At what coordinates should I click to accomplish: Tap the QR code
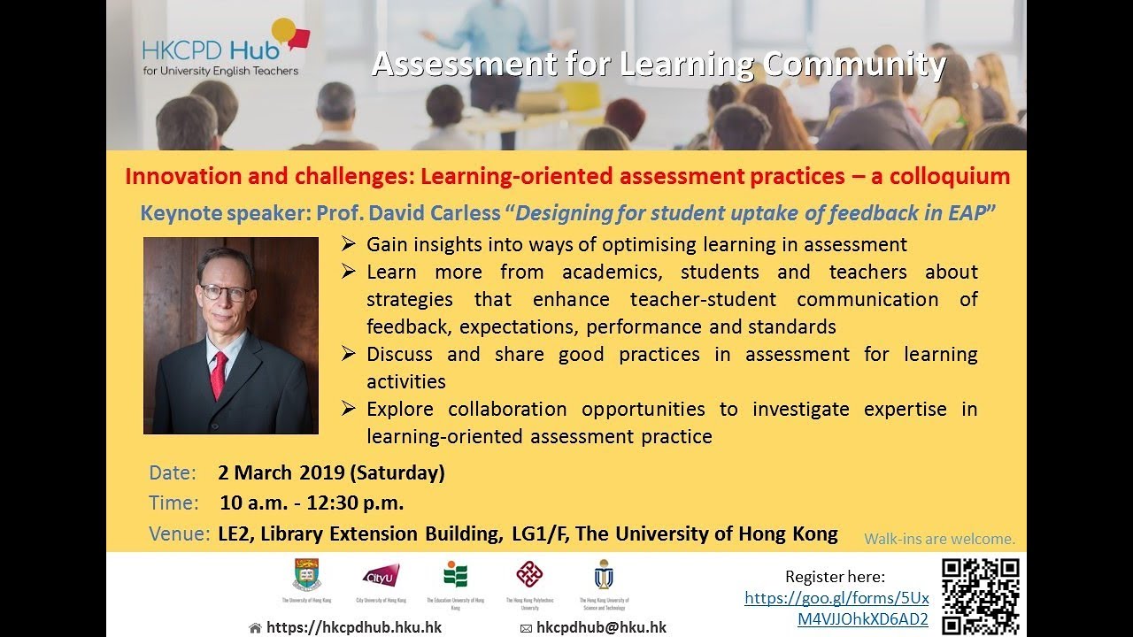click(980, 595)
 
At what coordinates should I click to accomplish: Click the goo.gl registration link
click(836, 609)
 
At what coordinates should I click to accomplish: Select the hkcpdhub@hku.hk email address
click(601, 627)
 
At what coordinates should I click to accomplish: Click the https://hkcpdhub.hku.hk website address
click(353, 627)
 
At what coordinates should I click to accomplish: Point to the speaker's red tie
click(218, 374)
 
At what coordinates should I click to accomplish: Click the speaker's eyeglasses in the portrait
click(225, 291)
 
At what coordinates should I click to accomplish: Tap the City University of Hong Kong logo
click(382, 575)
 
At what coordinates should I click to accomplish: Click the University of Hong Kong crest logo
click(307, 575)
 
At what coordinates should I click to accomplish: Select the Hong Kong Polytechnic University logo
click(529, 575)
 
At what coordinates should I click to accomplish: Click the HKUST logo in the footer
click(604, 575)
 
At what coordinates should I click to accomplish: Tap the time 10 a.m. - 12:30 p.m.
click(312, 503)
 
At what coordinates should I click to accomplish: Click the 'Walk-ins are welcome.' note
click(939, 539)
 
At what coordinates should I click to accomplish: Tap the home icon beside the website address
click(255, 628)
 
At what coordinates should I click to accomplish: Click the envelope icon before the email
click(526, 628)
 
